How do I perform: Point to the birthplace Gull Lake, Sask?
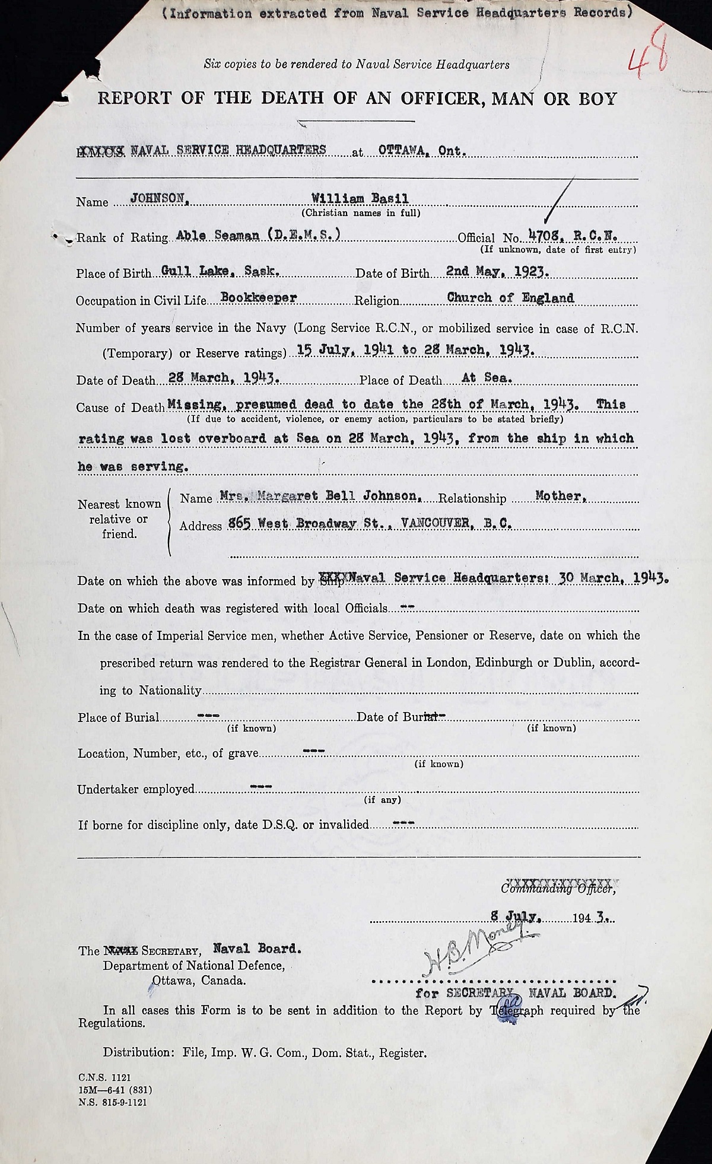(x=221, y=271)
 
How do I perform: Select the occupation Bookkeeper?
(x=258, y=298)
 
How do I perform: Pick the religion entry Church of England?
(x=510, y=298)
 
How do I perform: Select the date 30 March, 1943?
(x=614, y=578)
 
